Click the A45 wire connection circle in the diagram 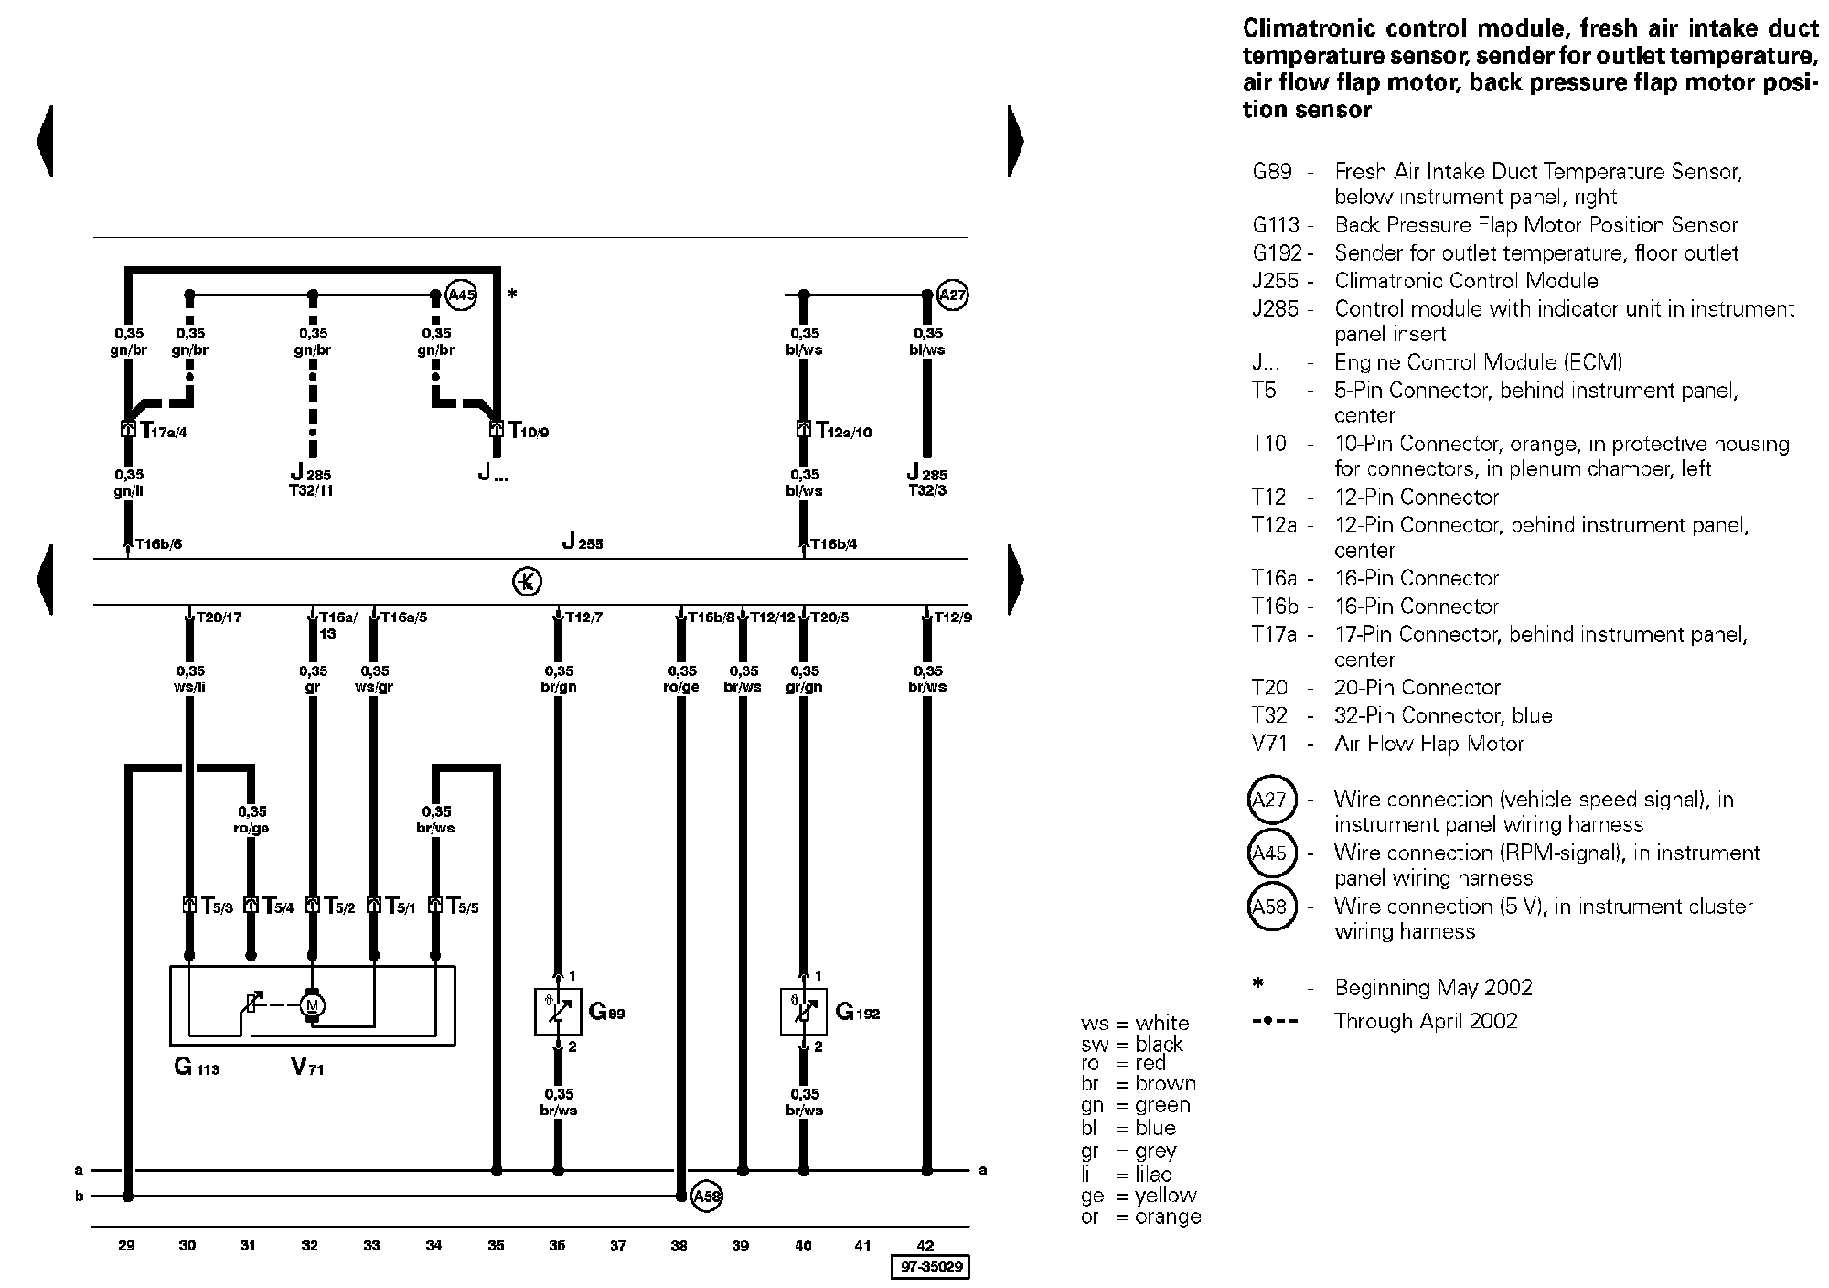462,295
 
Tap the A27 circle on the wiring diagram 953,295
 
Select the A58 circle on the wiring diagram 707,1196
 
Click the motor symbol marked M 313,1005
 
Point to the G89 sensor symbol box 558,1011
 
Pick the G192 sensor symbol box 804,1011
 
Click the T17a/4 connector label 164,430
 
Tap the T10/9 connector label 529,430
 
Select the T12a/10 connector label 844,430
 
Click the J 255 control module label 583,542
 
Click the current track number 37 618,1245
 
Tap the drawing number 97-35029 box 930,1267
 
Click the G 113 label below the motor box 197,1067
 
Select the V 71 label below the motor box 307,1067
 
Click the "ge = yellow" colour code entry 1139,1195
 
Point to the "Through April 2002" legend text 1426,1021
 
